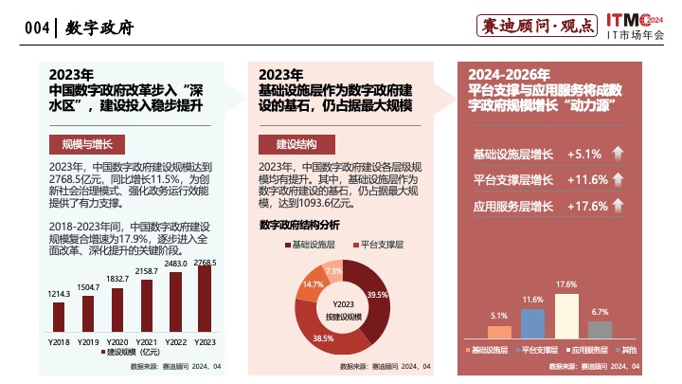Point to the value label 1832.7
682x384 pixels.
pos(117,279)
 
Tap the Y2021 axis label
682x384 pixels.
pos(147,341)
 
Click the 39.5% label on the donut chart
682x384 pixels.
pos(377,295)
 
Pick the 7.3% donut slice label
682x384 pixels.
pos(333,271)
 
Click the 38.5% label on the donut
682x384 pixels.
pos(324,338)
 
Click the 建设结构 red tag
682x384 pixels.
pos(296,144)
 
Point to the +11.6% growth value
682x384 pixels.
pos(586,180)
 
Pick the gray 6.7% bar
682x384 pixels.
pos(600,329)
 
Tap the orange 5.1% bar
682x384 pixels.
pos(499,332)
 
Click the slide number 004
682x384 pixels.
pos(37,28)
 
